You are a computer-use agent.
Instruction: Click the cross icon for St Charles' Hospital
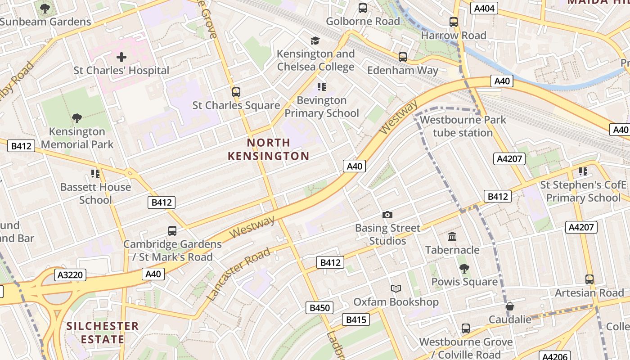(121, 57)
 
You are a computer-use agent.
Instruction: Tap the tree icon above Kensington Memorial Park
(77, 118)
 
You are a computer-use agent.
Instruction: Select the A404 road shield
(484, 8)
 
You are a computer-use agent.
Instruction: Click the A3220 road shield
(70, 275)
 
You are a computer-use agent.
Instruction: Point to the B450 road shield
(320, 308)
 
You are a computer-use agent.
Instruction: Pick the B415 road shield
(355, 319)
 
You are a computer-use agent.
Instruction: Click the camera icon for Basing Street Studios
(387, 215)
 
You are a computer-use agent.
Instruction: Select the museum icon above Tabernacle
(452, 237)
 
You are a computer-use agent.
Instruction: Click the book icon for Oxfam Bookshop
(396, 289)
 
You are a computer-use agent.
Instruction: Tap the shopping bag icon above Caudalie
(510, 306)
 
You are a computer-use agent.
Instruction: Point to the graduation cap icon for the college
(315, 41)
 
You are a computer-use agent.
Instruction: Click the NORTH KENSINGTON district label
(268, 149)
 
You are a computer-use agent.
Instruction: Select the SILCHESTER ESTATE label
(103, 332)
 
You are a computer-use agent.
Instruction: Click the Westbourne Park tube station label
(463, 126)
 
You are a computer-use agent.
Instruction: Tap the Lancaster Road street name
(238, 274)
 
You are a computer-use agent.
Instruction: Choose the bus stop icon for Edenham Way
(402, 57)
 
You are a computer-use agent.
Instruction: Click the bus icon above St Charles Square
(236, 92)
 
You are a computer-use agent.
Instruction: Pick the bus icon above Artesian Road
(589, 279)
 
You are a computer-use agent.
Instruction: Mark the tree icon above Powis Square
(464, 269)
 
